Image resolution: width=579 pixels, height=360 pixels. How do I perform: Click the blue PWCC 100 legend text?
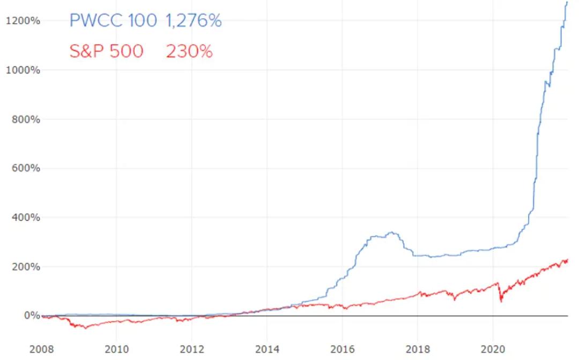[x=113, y=21]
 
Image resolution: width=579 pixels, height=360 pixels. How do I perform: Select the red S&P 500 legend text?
[x=106, y=51]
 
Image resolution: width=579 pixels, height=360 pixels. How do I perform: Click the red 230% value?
[x=189, y=51]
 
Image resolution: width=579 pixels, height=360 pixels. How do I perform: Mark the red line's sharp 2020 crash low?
[x=501, y=302]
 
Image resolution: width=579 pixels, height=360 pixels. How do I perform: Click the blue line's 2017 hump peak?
[x=392, y=232]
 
